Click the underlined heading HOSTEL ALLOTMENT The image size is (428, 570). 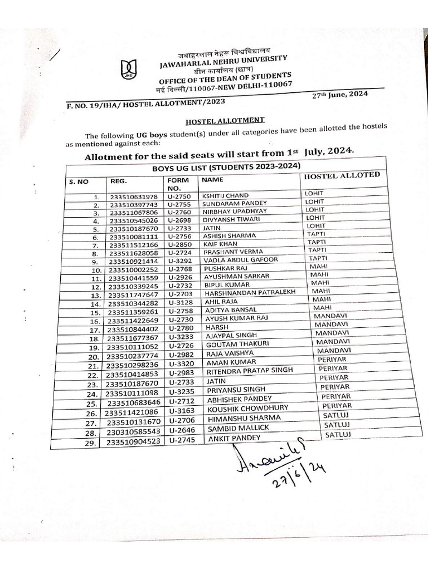tap(225, 120)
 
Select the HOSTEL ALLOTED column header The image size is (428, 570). tap(341, 176)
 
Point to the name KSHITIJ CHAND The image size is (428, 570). tap(226, 195)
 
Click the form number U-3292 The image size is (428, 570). tap(179, 259)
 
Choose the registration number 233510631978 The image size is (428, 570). tap(134, 197)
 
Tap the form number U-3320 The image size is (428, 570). tap(180, 362)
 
